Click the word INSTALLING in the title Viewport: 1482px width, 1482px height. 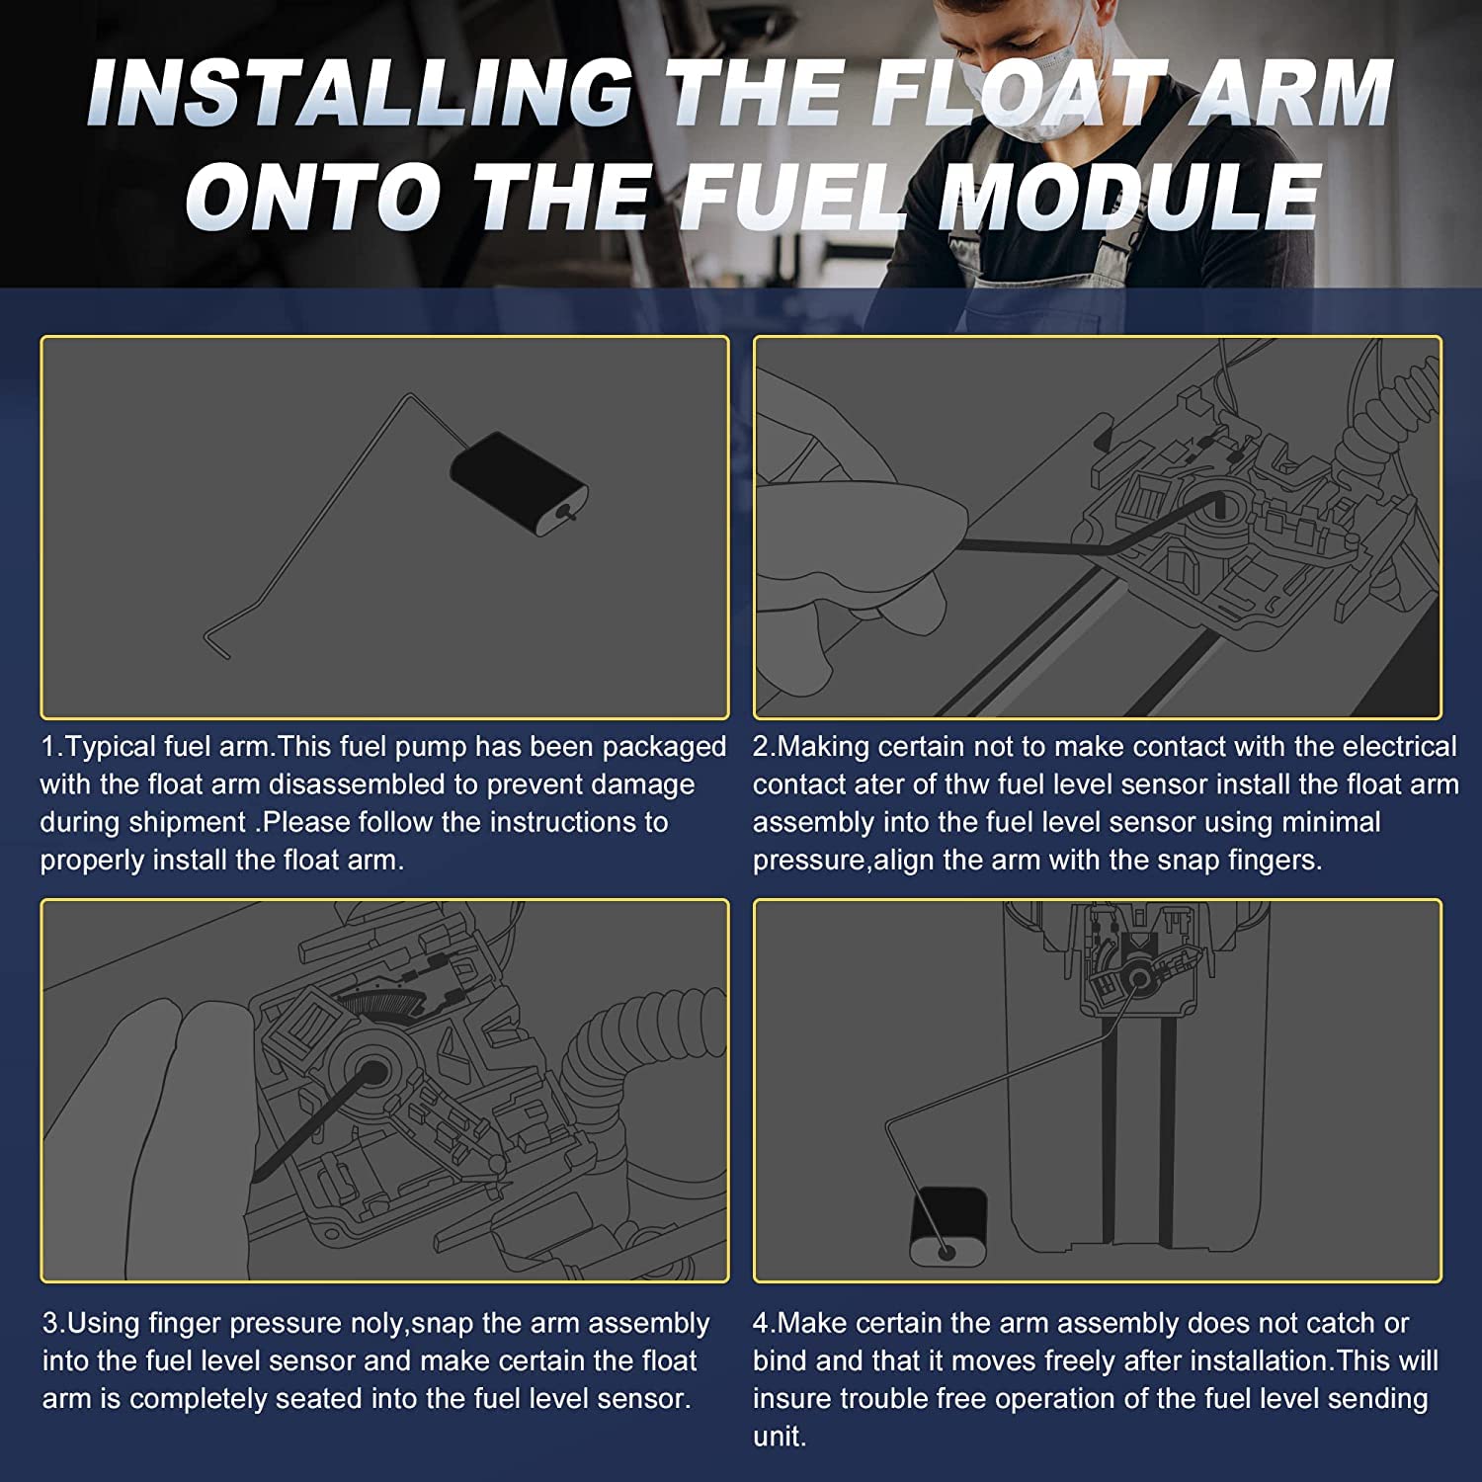pyautogui.click(x=361, y=93)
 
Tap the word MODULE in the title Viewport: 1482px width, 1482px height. pyautogui.click(x=1129, y=195)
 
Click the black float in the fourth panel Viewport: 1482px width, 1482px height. pyautogui.click(x=947, y=1226)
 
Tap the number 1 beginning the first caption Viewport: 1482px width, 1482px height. pyautogui.click(x=47, y=747)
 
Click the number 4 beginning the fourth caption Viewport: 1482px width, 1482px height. pyautogui.click(x=761, y=1323)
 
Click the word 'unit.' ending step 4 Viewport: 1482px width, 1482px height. pyautogui.click(x=780, y=1437)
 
